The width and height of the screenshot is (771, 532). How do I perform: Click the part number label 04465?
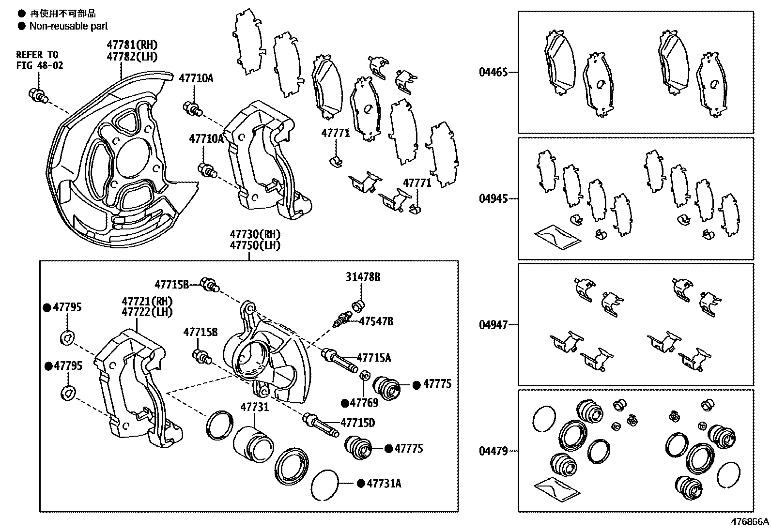pos(493,73)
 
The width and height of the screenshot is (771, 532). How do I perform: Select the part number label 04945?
pos(493,199)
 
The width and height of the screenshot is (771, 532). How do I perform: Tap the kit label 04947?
pos(493,325)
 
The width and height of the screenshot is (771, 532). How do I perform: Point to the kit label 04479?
pos(493,451)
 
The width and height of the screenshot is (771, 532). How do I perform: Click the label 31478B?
pos(363,277)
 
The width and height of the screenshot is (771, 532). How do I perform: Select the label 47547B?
pos(376,321)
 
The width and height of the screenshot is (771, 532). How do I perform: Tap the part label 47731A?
pos(384,483)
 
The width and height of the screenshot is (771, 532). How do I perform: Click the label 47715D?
pos(357,423)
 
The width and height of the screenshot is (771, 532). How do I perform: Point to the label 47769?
pos(364,403)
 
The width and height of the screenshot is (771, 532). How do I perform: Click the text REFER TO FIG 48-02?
pos(39,60)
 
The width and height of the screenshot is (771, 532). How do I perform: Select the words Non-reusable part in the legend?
pos(68,26)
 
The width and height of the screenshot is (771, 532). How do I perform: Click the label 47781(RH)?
pos(132,45)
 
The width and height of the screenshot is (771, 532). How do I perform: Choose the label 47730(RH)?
pos(255,235)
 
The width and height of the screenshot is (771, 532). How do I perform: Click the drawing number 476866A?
pos(750,522)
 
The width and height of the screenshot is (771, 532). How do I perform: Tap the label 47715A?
pos(373,358)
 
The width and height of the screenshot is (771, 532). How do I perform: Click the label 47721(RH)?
pos(147,302)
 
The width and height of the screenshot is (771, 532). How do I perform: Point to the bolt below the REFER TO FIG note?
pos(38,95)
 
